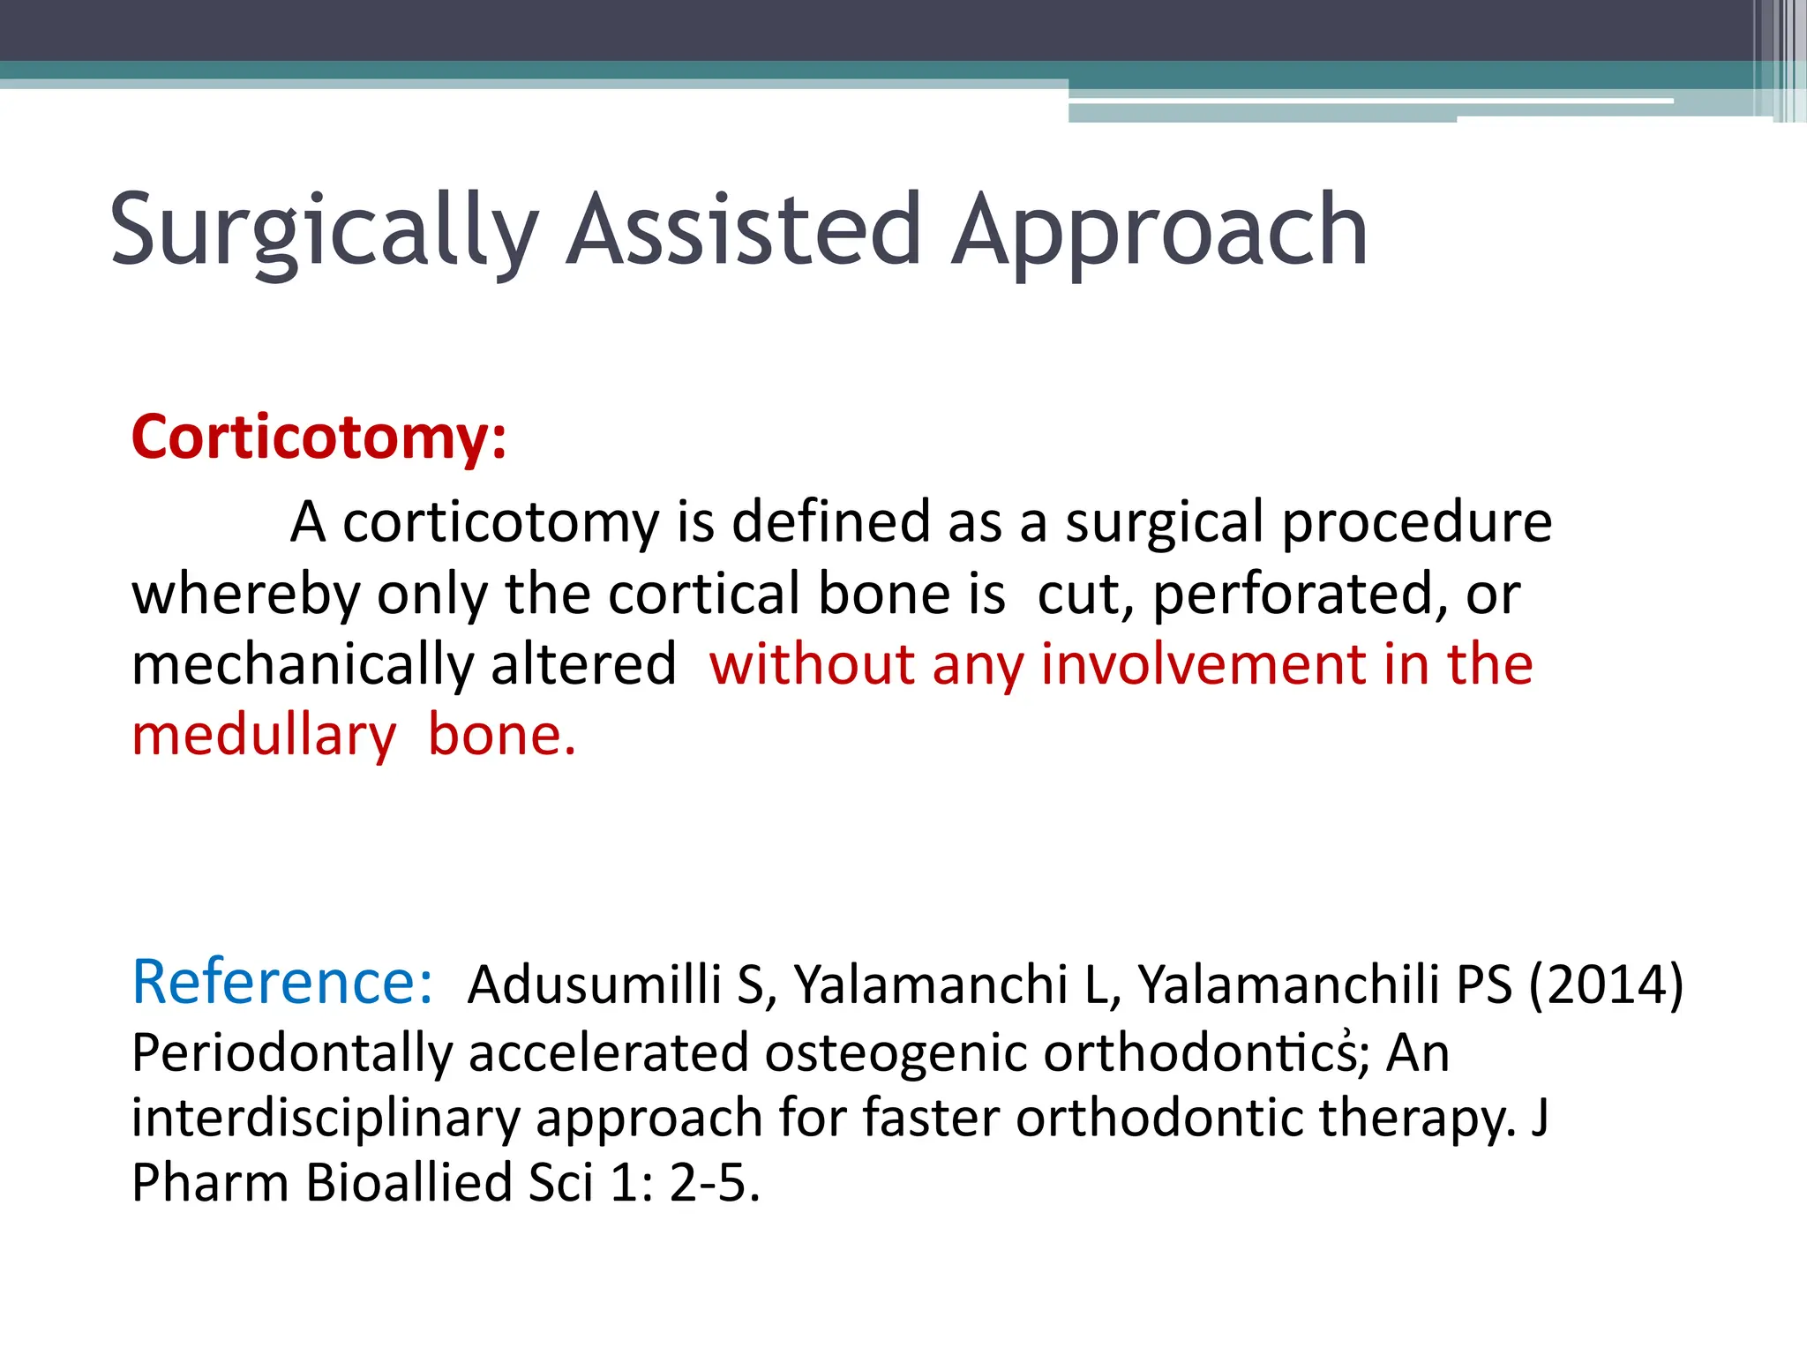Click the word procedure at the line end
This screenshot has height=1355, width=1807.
tap(1416, 522)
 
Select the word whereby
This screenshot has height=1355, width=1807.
tap(246, 594)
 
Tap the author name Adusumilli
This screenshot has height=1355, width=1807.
tap(595, 984)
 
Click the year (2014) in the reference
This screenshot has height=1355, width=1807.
tap(1606, 984)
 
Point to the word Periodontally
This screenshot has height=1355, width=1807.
tap(292, 1053)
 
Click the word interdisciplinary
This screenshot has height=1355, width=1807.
tap(326, 1119)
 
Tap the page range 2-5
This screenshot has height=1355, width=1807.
tap(713, 1182)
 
